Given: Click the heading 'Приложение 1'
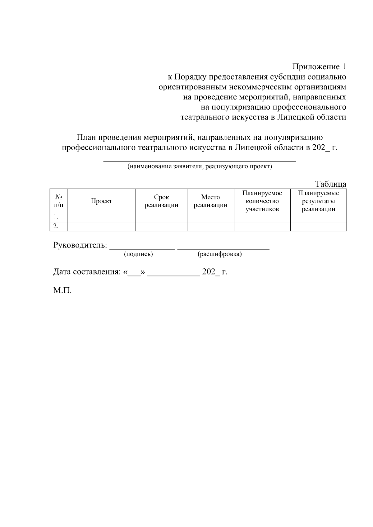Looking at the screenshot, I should (319, 67).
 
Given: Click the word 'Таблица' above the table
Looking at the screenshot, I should (331, 184).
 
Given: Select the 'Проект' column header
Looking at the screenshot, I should (101, 201).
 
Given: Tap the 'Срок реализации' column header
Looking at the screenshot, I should (161, 201).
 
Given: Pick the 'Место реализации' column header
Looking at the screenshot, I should (210, 201).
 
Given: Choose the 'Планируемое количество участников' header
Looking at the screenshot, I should (262, 201).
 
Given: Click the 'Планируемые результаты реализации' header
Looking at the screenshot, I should (318, 201).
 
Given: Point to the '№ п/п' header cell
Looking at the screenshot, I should (59, 201).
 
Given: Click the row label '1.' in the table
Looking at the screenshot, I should (56, 217).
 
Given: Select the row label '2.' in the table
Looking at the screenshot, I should (56, 226).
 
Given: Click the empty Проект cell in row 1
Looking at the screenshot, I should (101, 217).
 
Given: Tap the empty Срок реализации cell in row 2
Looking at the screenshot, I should (161, 226).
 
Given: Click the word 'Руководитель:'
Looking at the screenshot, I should (80, 245).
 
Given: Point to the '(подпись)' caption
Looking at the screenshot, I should (138, 254).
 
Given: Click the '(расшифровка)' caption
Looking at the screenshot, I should (219, 254).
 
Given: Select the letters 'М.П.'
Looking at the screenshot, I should (62, 291).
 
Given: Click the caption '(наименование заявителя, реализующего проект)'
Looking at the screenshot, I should (200, 166).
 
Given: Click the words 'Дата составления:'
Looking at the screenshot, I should (87, 272).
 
